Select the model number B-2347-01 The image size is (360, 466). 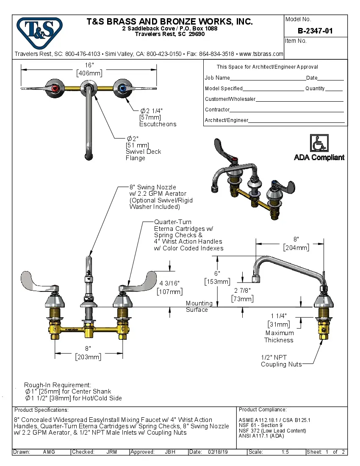tap(315, 31)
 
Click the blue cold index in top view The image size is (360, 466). tap(123, 88)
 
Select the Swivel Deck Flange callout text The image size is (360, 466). tap(143, 155)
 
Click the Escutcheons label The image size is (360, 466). tap(158, 124)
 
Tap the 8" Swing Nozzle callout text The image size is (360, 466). tap(152, 187)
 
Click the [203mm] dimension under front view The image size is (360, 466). tap(88, 357)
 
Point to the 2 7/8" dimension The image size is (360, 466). tap(242, 291)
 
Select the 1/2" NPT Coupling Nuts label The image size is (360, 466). tap(281, 361)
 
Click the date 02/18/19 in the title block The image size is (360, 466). tap(218, 452)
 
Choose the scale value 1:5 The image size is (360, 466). tap(285, 452)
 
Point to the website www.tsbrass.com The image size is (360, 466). tap(261, 54)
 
